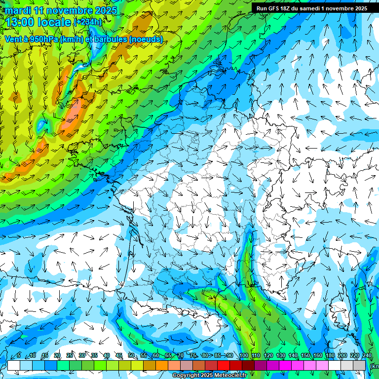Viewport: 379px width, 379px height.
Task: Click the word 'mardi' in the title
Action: pyautogui.click(x=18, y=10)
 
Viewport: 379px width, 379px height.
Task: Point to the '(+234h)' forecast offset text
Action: pyautogui.click(x=88, y=22)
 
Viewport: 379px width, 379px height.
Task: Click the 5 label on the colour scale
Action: pyautogui.click(x=19, y=356)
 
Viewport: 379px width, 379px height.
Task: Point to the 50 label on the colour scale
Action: pyautogui.click(x=131, y=356)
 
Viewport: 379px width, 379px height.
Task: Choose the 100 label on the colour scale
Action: pyautogui.click(x=243, y=356)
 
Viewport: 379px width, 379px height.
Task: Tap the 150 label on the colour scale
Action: pyautogui.click(x=305, y=356)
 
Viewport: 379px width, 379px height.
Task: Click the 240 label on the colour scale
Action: pyautogui.click(x=367, y=356)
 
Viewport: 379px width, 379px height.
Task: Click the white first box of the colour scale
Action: pyautogui.click(x=14, y=365)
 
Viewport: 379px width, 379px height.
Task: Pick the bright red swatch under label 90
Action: pyautogui.click(x=224, y=365)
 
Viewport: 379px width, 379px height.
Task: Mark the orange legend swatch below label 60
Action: pyautogui.click(x=150, y=365)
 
